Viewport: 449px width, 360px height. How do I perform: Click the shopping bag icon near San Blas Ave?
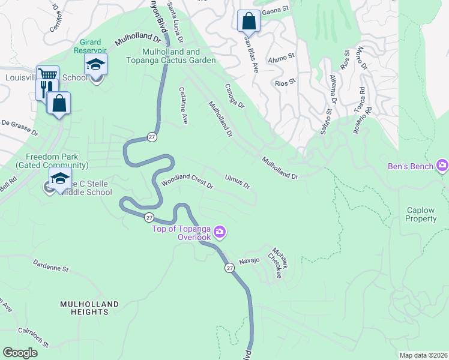249,21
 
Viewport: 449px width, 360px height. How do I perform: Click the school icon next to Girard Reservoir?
95,65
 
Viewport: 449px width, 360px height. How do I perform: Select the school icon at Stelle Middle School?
60,179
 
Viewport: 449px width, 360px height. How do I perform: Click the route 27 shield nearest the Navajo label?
229,268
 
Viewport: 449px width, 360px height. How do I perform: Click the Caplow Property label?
421,215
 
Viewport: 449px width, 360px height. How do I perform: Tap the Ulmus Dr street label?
237,181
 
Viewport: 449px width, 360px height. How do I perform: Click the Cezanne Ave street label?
184,106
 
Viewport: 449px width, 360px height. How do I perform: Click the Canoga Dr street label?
235,95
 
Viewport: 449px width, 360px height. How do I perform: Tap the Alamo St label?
282,58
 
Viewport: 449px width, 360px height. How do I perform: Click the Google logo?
20,353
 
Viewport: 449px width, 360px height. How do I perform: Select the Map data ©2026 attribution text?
423,355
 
